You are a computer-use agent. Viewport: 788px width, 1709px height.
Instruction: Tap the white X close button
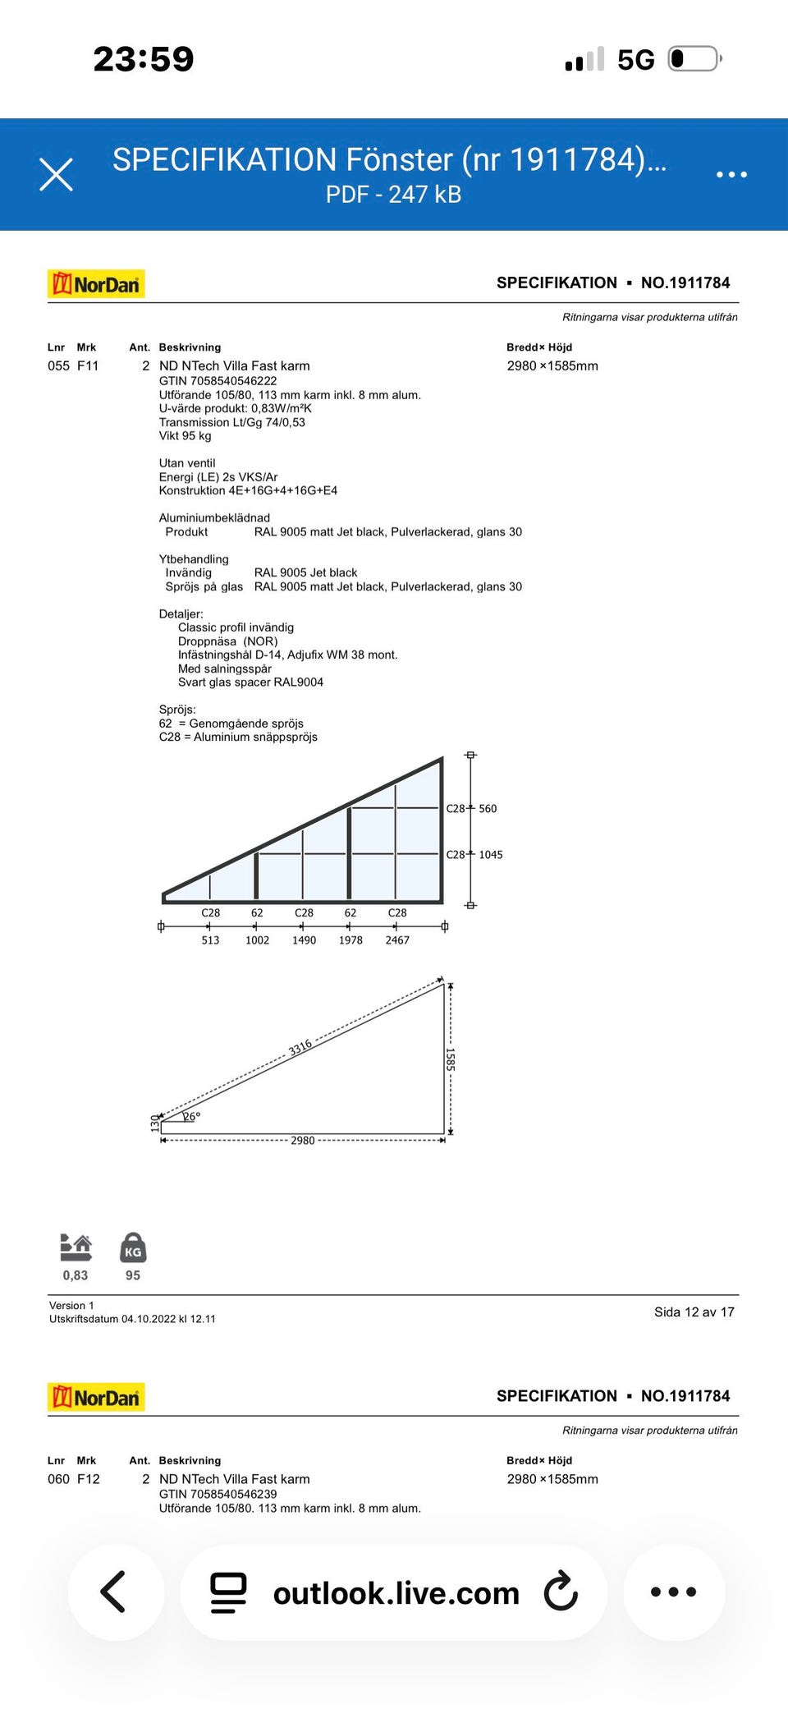click(57, 174)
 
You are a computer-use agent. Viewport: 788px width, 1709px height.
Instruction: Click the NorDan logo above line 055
click(96, 284)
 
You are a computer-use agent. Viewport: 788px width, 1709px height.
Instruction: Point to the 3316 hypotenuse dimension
click(300, 1047)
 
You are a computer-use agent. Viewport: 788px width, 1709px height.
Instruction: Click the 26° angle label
click(191, 1116)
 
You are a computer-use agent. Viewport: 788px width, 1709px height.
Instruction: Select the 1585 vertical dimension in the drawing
click(450, 1059)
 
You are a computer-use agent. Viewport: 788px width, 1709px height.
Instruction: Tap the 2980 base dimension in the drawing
click(303, 1141)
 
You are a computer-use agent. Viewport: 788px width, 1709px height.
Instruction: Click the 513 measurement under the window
click(210, 940)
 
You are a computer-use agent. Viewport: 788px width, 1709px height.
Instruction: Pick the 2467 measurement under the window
click(397, 940)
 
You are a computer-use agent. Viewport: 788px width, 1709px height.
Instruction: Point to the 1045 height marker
click(490, 855)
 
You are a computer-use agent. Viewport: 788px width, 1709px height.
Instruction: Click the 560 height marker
click(488, 809)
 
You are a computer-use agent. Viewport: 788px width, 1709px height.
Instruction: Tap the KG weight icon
click(133, 1247)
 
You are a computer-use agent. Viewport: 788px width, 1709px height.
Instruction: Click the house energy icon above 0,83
click(76, 1247)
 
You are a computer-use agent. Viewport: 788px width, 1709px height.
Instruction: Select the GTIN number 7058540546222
click(218, 381)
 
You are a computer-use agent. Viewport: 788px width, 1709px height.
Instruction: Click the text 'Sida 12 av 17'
click(694, 1312)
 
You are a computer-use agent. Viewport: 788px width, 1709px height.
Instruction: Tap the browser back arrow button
click(114, 1592)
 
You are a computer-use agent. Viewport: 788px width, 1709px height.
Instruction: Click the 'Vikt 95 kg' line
click(185, 436)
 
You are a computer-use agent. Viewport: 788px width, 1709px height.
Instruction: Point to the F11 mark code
click(88, 366)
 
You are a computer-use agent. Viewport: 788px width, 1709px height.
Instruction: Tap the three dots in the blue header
click(731, 174)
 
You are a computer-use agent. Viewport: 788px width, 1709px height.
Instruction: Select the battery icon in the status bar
click(694, 59)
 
